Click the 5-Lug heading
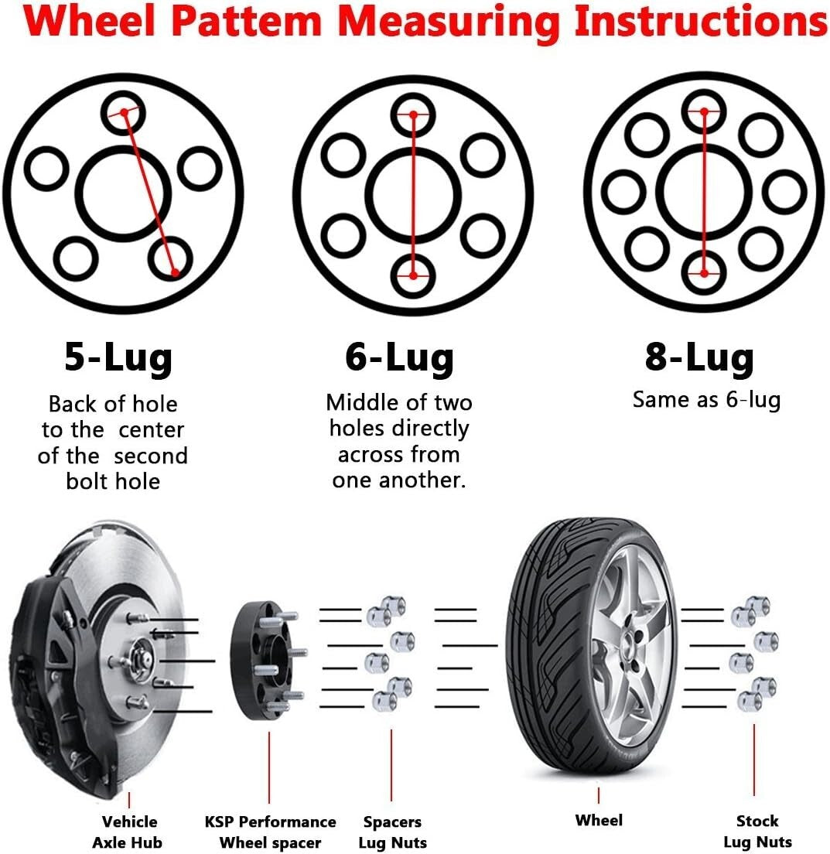coord(118,358)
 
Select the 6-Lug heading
coord(399,358)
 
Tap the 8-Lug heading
coord(698,357)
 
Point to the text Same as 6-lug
coord(706,400)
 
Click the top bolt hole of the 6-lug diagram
coord(413,114)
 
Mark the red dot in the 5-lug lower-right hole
coord(176,272)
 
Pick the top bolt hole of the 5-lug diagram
coord(122,113)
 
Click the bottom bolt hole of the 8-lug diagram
coord(703,272)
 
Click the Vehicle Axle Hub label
coord(129,832)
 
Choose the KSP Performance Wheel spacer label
coord(270,832)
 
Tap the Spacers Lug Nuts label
coord(393,832)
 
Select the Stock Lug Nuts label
coord(757,831)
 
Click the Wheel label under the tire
coord(599,820)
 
